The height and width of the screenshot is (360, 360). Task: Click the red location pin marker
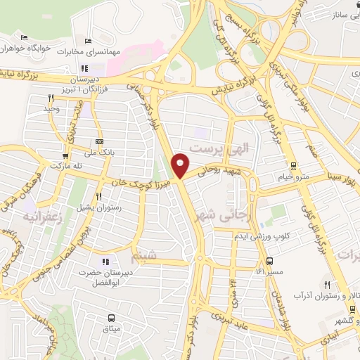pyautogui.click(x=181, y=165)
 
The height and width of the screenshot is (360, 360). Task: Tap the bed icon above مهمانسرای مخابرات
pyautogui.click(x=88, y=41)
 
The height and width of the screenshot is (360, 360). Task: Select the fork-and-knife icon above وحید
pyautogui.click(x=51, y=98)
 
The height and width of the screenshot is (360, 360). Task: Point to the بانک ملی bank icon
pyautogui.click(x=98, y=141)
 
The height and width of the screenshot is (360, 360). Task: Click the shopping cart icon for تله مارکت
pyautogui.click(x=65, y=156)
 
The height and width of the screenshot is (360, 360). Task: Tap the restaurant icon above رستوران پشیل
pyautogui.click(x=100, y=197)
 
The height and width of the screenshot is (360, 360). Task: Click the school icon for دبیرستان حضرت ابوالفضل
pyautogui.click(x=105, y=262)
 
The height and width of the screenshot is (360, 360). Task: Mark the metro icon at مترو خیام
pyautogui.click(x=294, y=167)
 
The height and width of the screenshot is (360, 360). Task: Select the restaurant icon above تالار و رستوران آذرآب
pyautogui.click(x=327, y=283)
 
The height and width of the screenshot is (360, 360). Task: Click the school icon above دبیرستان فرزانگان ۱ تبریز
pyautogui.click(x=85, y=68)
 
